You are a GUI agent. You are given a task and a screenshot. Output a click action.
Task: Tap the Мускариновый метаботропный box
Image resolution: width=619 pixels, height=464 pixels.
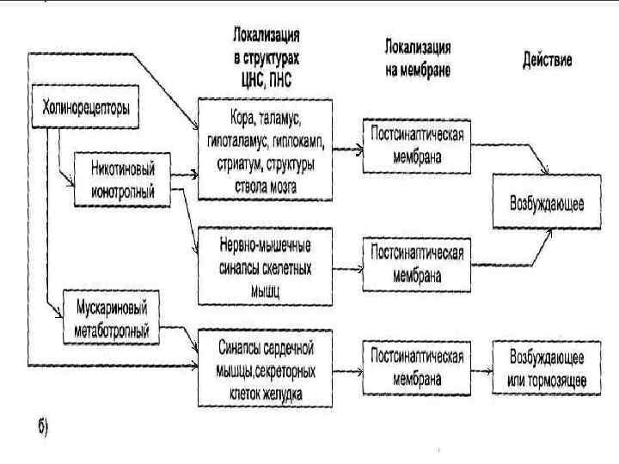click(x=112, y=318)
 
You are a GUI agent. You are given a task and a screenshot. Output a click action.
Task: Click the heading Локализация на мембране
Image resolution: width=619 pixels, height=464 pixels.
click(x=418, y=57)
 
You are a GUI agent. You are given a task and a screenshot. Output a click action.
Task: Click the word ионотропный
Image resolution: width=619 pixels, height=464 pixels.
click(x=122, y=192)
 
